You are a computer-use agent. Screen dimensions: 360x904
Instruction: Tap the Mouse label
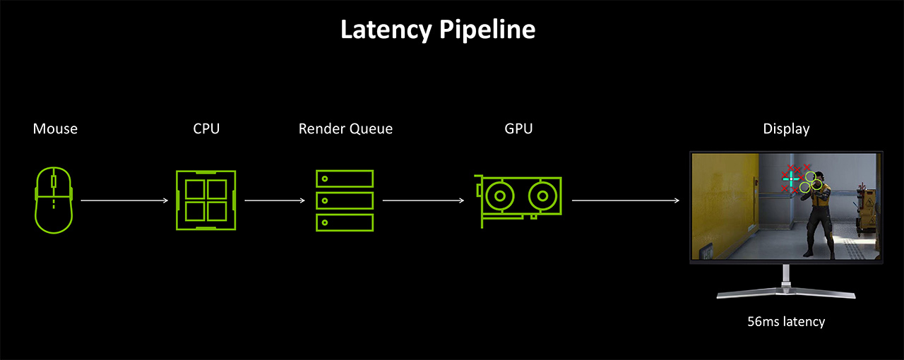pos(55,128)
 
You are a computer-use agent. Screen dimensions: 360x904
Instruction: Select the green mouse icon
pos(54,200)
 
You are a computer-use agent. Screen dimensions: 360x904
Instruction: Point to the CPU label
pos(206,128)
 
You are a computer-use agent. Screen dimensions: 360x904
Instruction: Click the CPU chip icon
pos(206,200)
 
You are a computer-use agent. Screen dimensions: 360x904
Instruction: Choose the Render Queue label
pos(345,128)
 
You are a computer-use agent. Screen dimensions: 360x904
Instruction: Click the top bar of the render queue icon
pos(345,178)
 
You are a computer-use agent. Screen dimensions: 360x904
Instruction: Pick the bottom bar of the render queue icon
pos(345,222)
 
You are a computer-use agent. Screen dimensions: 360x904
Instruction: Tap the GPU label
pos(518,128)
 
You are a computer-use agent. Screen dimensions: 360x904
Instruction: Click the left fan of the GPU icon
pos(501,195)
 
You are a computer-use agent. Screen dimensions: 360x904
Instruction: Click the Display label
pos(786,128)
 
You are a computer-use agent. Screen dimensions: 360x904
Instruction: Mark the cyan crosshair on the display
pos(791,180)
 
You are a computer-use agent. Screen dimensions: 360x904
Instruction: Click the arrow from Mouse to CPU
pos(124,200)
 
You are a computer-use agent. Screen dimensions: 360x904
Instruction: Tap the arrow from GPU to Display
pos(626,200)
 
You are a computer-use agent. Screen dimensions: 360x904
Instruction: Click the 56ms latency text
pos(786,322)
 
